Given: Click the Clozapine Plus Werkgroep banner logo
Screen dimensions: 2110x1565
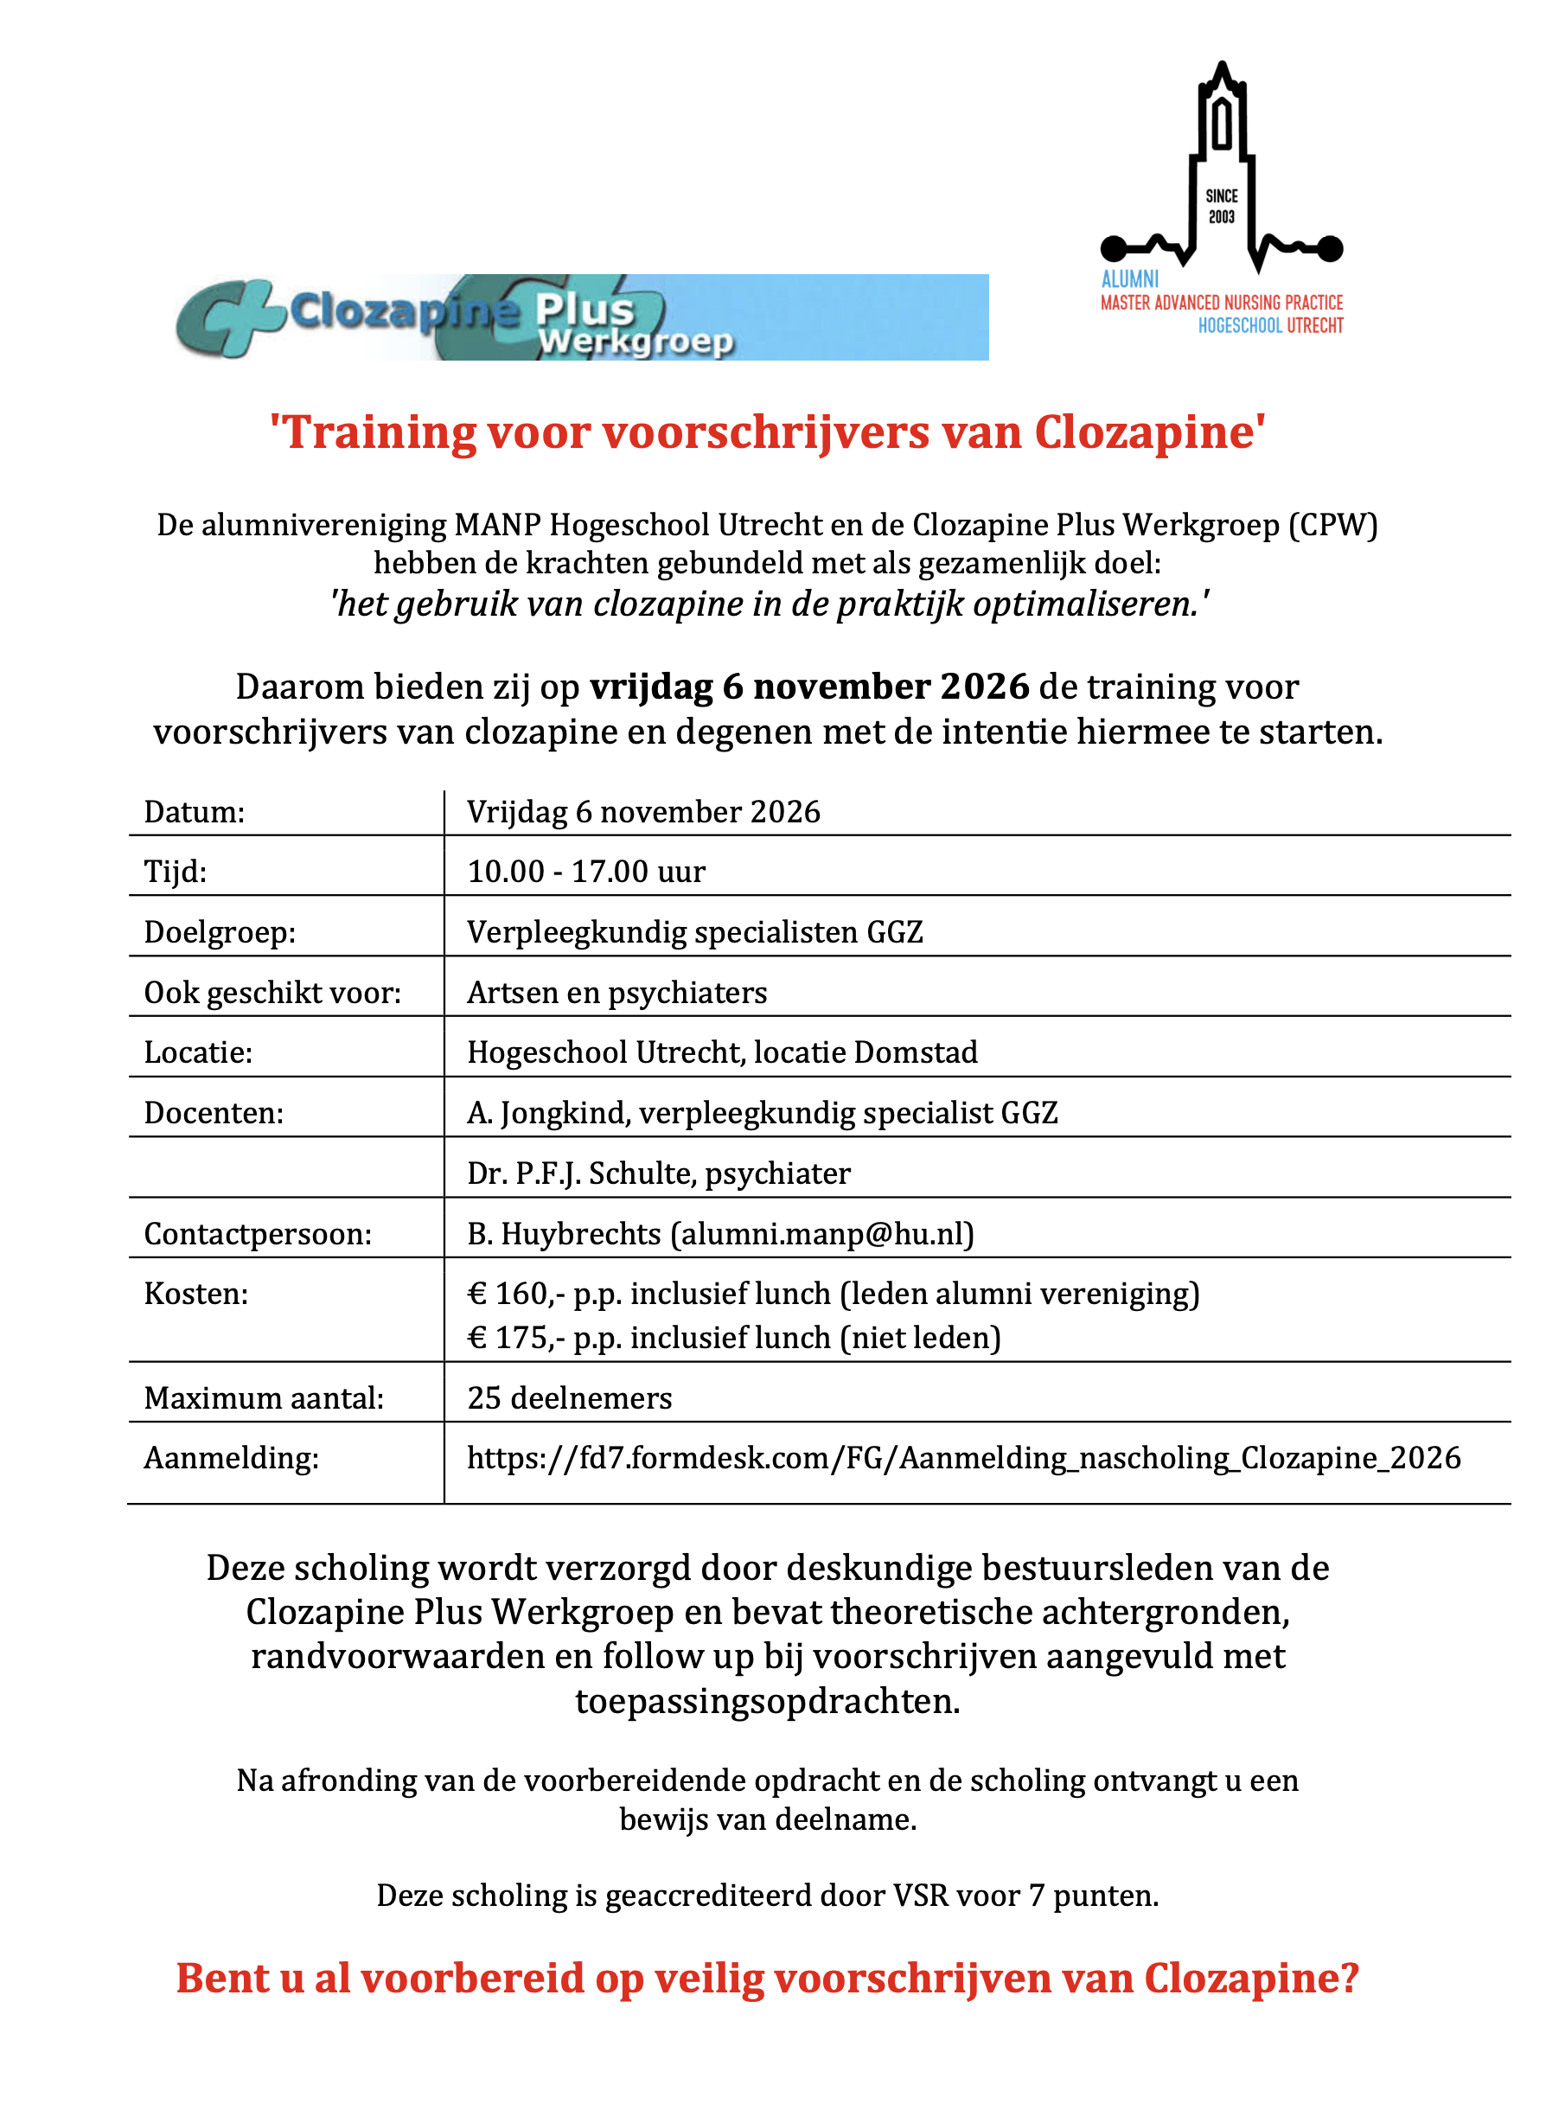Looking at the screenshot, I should [581, 316].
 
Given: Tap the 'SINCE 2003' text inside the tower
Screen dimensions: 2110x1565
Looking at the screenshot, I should [1221, 206].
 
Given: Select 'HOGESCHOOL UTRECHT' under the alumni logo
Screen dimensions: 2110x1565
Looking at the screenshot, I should [1270, 326].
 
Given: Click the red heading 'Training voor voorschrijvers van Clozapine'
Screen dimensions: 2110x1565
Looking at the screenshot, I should [767, 432].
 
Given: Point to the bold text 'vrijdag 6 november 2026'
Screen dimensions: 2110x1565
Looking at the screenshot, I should [809, 686].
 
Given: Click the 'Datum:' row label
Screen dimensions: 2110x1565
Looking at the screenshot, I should [195, 812].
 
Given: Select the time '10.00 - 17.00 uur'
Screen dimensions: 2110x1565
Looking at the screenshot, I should [586, 872].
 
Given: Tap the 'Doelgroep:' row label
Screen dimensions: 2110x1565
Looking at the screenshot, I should [220, 932].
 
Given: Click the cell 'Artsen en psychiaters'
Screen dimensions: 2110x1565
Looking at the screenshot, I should [616, 993].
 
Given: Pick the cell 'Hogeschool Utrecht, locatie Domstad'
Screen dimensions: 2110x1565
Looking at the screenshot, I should [722, 1052].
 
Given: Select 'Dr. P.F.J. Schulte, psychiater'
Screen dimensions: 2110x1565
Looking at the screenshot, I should [658, 1173].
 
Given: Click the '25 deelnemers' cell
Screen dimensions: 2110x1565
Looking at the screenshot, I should [569, 1397].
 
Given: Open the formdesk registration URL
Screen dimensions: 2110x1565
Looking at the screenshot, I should [963, 1457].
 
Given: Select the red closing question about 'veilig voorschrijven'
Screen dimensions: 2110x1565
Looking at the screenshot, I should [767, 1979].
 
